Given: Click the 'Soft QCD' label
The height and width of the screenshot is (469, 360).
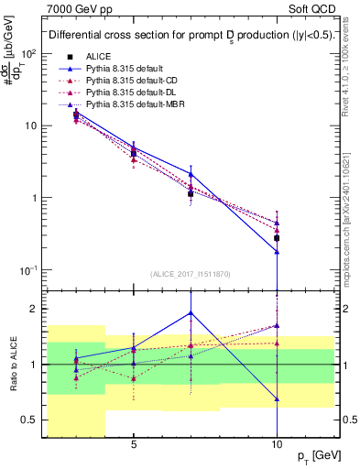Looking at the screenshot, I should pyautogui.click(x=314, y=7).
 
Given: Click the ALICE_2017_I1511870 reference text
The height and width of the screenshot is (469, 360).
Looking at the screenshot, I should pyautogui.click(x=191, y=275).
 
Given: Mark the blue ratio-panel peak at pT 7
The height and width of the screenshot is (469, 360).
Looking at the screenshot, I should pyautogui.click(x=191, y=312).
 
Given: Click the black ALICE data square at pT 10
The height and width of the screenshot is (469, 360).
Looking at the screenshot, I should pyautogui.click(x=276, y=238).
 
